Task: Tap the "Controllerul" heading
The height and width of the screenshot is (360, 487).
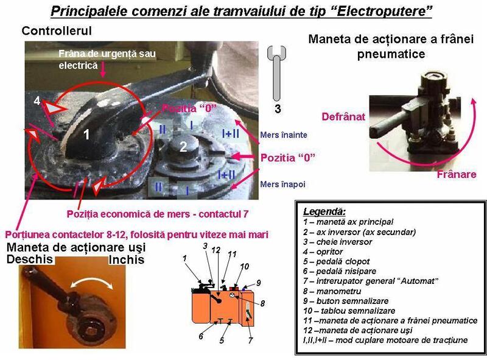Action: [57, 31]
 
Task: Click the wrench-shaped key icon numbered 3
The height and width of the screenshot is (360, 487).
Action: [276, 73]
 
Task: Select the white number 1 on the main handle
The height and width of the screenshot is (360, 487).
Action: [86, 134]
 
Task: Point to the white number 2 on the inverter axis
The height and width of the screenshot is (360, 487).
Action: [183, 147]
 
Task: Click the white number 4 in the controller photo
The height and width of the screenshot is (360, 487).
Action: [37, 101]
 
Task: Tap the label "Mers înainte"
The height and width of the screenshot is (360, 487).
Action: [284, 135]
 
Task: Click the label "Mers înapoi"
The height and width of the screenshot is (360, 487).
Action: [282, 184]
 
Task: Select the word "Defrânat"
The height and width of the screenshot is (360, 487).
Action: [343, 116]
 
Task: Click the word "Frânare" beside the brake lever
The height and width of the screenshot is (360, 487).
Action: [456, 174]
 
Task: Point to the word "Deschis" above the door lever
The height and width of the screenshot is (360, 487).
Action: [30, 259]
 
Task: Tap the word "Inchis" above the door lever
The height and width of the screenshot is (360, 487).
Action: [127, 259]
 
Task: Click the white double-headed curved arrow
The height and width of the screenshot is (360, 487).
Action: [92, 282]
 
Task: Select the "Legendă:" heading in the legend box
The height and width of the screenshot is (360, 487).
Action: [324, 211]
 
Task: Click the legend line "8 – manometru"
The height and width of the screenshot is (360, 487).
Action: [332, 291]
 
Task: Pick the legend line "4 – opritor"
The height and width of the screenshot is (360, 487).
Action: [323, 252]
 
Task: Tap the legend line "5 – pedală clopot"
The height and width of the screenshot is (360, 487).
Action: [337, 261]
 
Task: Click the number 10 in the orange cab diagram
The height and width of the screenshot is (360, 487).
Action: [245, 266]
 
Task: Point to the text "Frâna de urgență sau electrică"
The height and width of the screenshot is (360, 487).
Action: [107, 59]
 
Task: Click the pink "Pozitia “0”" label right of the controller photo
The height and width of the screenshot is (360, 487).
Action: [287, 158]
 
